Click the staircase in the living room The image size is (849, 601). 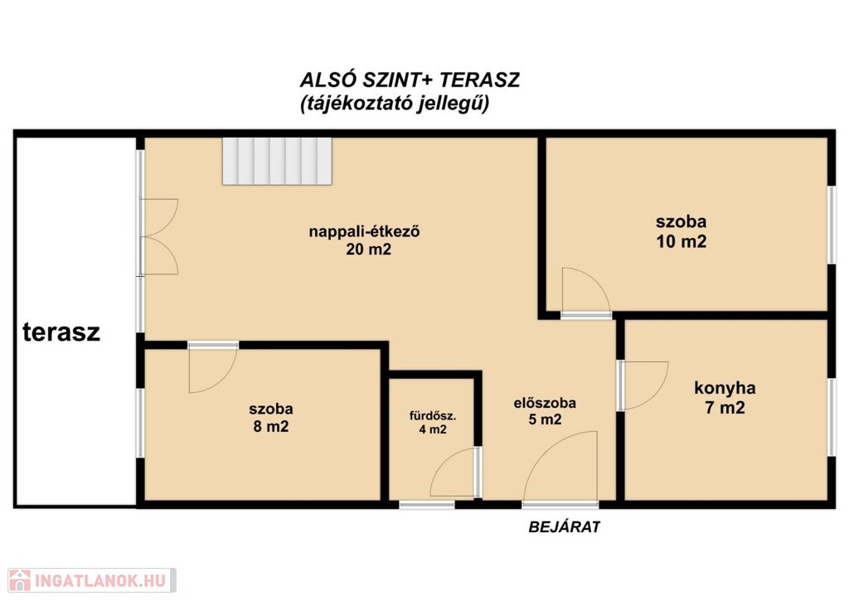point(277,161)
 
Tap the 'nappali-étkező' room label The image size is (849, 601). point(365,232)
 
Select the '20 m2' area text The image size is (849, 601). point(368,250)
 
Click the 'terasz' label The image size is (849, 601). point(61,332)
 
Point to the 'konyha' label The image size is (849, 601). point(725,388)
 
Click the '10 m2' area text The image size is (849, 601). point(682,241)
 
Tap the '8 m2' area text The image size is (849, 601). point(271,427)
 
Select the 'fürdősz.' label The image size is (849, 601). point(433,417)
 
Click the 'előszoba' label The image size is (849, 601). point(545,403)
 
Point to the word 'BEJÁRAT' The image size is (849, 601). point(564,527)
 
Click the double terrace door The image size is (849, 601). point(159,236)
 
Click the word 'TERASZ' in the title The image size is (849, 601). point(478,80)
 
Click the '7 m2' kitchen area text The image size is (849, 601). point(725,408)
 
